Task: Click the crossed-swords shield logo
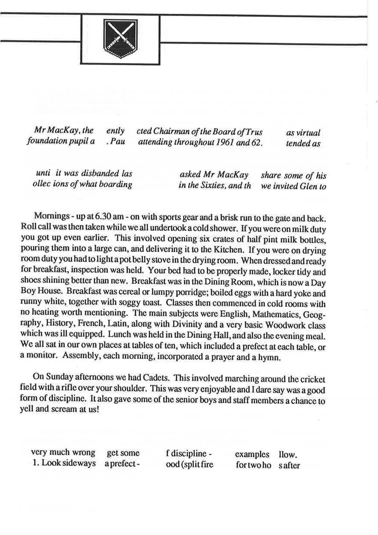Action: (120, 39)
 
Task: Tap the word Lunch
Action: (132, 335)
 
